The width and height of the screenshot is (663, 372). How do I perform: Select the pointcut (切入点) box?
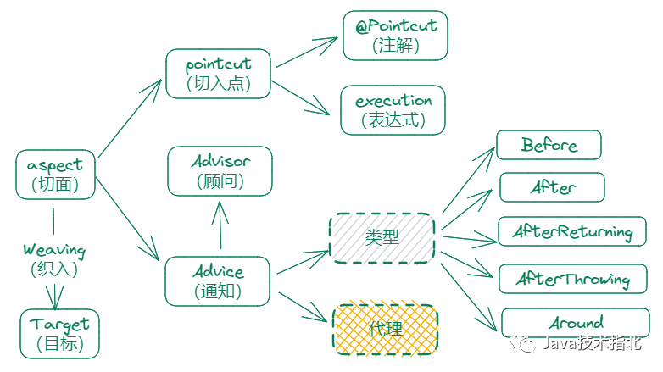pyautogui.click(x=219, y=74)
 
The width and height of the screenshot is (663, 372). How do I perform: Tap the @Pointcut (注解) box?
pyautogui.click(x=395, y=35)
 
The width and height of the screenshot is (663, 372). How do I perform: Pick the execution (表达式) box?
pyautogui.click(x=393, y=109)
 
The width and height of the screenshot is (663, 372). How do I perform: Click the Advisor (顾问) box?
pyautogui.click(x=220, y=170)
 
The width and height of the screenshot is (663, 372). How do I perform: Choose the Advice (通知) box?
pyautogui.click(x=218, y=281)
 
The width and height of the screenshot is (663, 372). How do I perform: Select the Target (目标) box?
pyautogui.click(x=59, y=333)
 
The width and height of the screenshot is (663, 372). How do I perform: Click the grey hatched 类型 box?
pyautogui.click(x=382, y=237)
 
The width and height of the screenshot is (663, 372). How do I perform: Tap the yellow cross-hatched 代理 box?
pyautogui.click(x=386, y=329)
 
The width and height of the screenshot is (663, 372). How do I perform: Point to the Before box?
pyautogui.click(x=549, y=145)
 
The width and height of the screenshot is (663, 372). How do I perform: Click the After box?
pyautogui.click(x=552, y=187)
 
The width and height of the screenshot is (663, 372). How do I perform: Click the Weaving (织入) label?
pyautogui.click(x=54, y=258)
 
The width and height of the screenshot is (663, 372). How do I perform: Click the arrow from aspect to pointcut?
pyautogui.click(x=130, y=118)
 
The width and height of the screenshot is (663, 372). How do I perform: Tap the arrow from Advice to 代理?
pyautogui.click(x=300, y=306)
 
